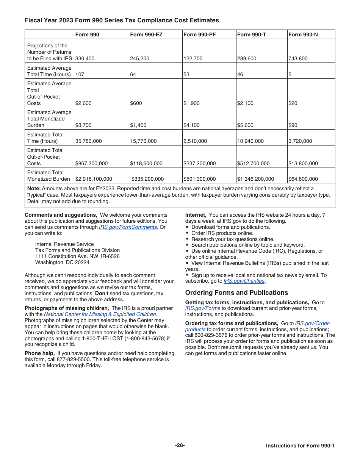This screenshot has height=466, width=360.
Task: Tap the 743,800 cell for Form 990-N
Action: (x=298, y=59)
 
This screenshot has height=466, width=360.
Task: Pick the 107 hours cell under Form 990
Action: (x=80, y=75)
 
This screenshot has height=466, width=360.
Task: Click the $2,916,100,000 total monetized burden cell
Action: (x=94, y=179)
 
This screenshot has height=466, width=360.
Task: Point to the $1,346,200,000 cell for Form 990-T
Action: (x=255, y=179)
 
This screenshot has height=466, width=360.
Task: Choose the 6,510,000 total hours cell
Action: (x=195, y=141)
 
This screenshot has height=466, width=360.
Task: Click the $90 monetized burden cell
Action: (x=293, y=125)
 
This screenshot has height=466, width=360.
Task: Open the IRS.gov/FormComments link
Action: (x=128, y=227)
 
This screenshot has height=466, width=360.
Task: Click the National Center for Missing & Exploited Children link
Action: (x=100, y=314)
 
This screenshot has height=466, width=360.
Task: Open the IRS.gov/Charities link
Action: (x=244, y=281)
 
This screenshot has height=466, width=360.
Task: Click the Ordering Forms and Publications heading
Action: (x=236, y=292)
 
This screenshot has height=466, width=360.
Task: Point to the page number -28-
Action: (x=180, y=446)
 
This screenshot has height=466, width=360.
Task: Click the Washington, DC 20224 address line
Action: (x=62, y=262)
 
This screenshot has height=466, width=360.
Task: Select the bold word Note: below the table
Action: (x=34, y=188)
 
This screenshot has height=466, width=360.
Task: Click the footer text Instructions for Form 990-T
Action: (x=300, y=446)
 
